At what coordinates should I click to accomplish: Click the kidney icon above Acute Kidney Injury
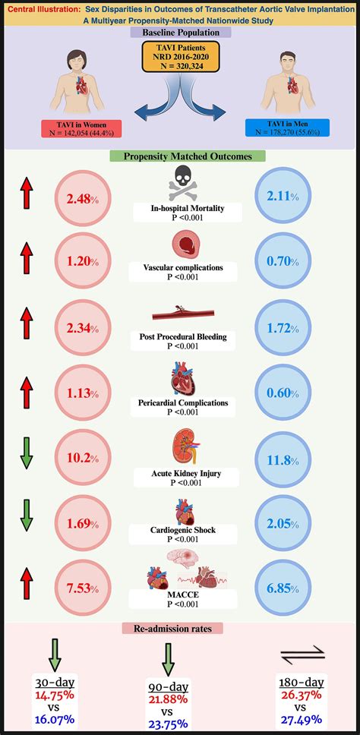(x=179, y=448)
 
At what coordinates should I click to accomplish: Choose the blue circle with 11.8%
(x=281, y=459)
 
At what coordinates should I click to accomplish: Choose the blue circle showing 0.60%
(x=281, y=393)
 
